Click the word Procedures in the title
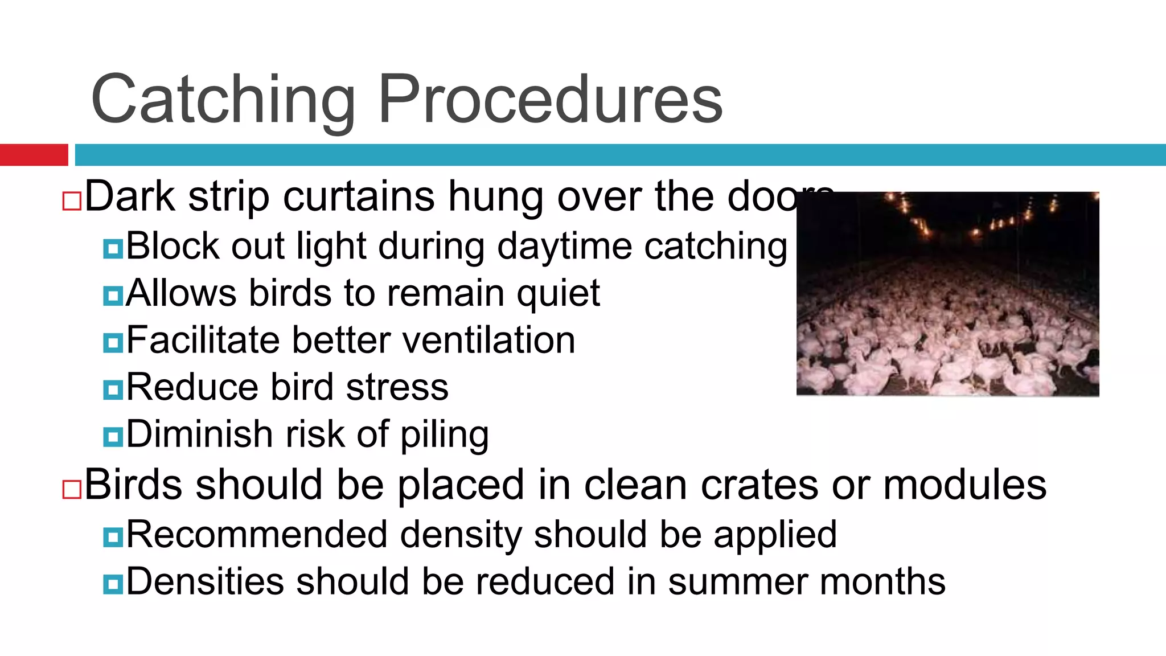(550, 99)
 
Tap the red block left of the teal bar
(34, 155)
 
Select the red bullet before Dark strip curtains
(72, 202)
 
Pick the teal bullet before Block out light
(113, 249)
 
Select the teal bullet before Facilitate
(113, 343)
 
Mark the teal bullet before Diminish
(113, 437)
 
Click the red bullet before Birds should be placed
(72, 490)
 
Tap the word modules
(964, 485)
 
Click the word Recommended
(257, 535)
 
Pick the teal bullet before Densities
(113, 584)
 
